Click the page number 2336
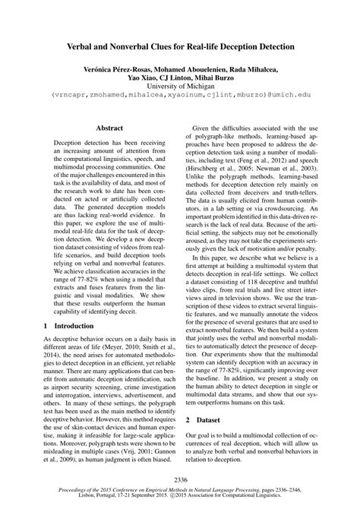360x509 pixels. coord(180,478)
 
